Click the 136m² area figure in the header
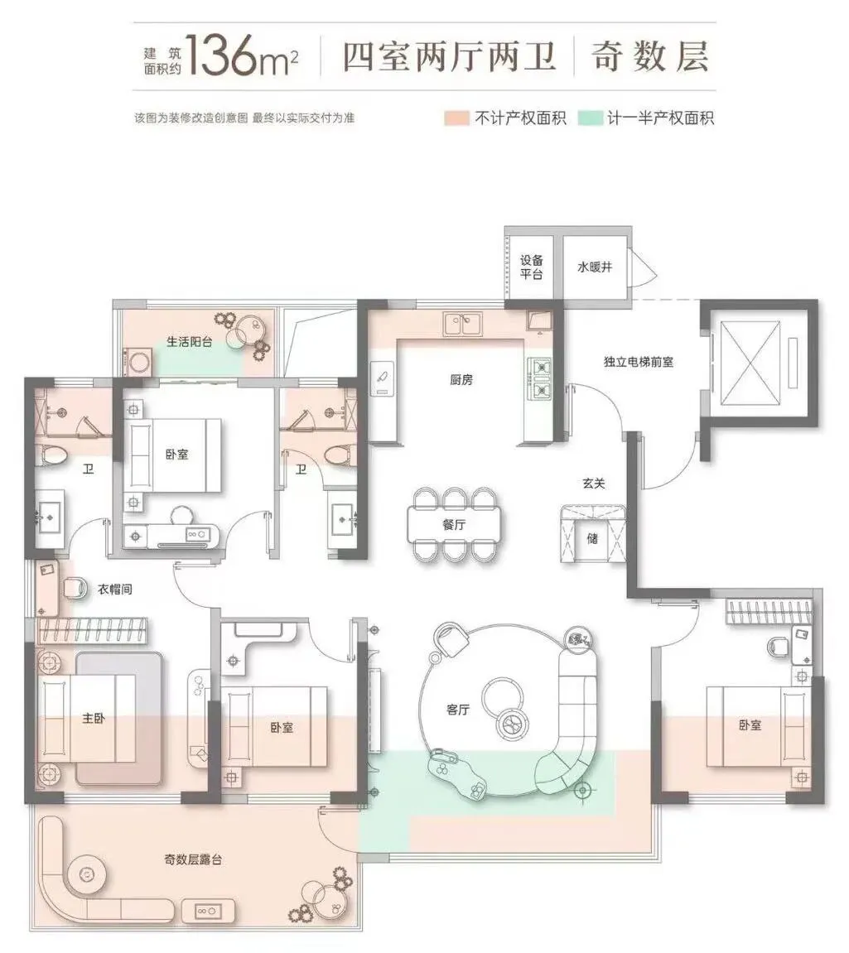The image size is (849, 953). pos(242,55)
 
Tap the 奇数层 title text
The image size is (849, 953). pos(649,56)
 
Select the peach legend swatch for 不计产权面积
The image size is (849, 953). pos(456,118)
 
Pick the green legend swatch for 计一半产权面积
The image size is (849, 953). pos(590,118)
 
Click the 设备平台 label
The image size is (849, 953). pos(531,267)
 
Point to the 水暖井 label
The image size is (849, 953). pos(594,267)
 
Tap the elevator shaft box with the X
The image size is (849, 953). pos(750,363)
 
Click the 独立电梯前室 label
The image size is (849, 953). pos(638,362)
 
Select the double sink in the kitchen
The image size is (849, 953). pos(462,324)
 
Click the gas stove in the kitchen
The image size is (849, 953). pos(540,378)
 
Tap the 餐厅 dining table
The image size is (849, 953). pos(454,524)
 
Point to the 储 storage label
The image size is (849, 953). pos(592,538)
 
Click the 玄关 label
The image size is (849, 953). pos(594,484)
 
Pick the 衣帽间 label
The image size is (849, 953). pos(115,589)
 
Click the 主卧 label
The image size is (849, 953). pos(94,719)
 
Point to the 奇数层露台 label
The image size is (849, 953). pos(193,859)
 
